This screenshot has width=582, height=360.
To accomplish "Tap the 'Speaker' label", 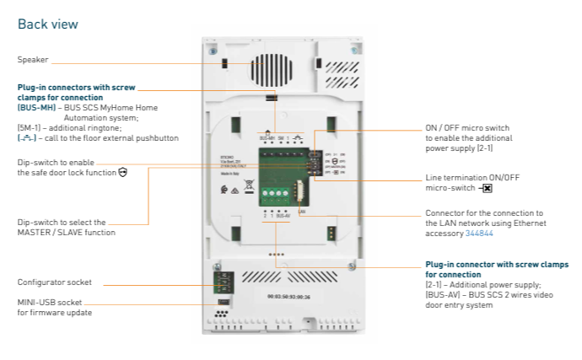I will click(32, 60).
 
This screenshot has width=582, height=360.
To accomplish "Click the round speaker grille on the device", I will click(269, 68).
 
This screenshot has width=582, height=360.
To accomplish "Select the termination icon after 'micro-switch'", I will click(488, 188).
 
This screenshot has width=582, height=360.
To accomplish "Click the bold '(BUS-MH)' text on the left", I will click(35, 108).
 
